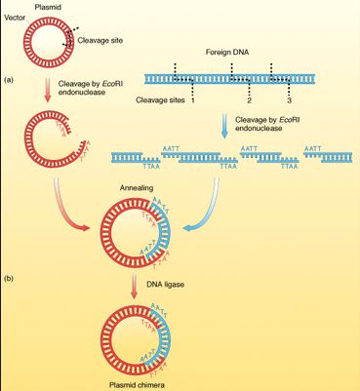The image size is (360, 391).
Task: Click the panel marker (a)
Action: coord(10,77)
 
